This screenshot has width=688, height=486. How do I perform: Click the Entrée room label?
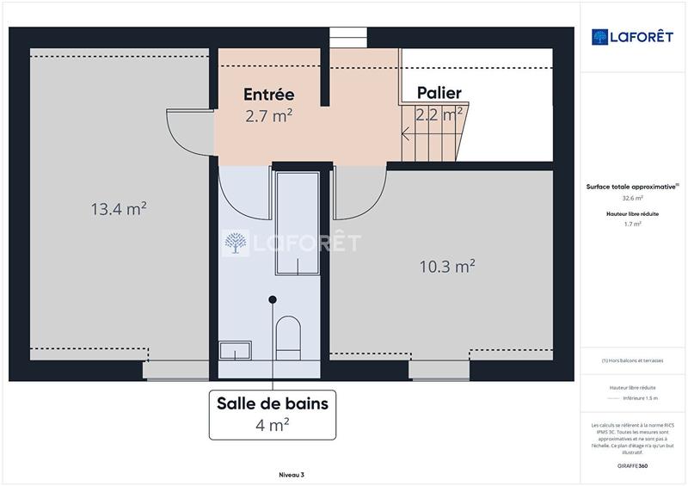[x=268, y=94]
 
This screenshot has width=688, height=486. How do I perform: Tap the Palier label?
[x=439, y=93]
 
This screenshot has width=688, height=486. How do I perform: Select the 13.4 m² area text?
[x=119, y=208]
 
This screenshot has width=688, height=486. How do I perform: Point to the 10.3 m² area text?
[x=447, y=267]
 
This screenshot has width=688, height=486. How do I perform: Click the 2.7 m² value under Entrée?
[x=268, y=116]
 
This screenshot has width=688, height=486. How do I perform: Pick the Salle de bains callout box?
[x=272, y=413]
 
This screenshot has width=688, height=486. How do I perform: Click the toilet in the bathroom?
[x=288, y=337]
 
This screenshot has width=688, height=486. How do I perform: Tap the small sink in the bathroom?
[x=235, y=350]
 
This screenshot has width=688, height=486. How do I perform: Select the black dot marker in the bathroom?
[x=273, y=299]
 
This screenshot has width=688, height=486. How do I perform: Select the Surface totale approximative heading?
[x=632, y=187]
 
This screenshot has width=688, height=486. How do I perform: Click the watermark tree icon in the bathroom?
[x=234, y=243]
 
